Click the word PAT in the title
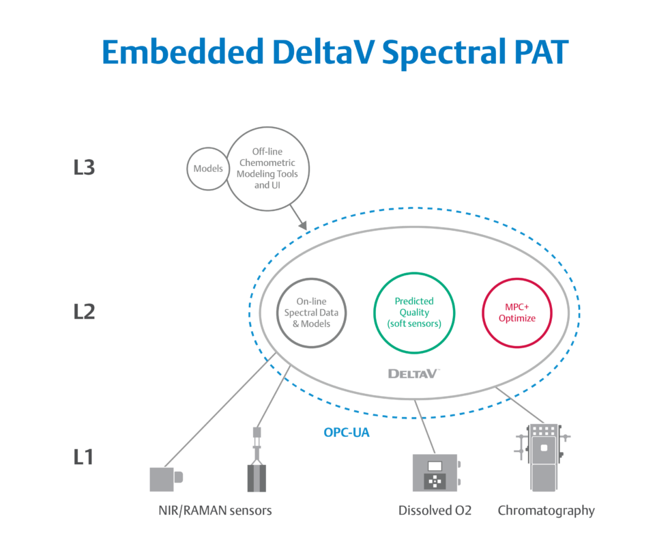click(541, 52)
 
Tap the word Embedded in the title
click(182, 52)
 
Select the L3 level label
click(84, 167)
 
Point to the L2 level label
click(84, 312)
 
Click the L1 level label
click(83, 457)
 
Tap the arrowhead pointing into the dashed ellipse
click(302, 225)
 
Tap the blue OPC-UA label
click(347, 432)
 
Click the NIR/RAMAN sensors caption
click(215, 511)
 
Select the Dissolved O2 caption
click(435, 511)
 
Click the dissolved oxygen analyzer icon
click(436, 472)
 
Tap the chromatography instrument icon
click(542, 457)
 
